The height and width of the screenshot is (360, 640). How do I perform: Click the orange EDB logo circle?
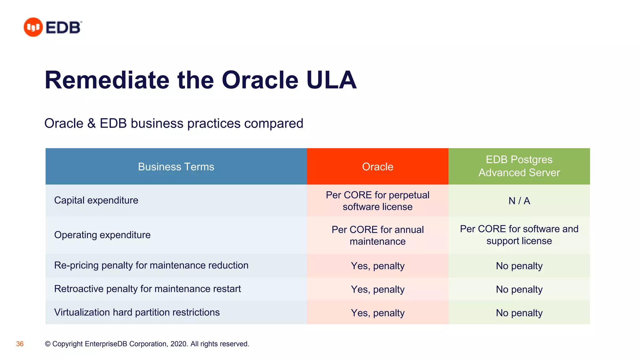pos(33,27)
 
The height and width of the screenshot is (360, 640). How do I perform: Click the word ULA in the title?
pos(331,80)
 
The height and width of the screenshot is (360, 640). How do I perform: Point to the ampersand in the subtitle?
pos(91,123)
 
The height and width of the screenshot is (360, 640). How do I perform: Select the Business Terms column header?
pos(176,167)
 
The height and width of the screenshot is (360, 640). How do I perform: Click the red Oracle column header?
pos(377,167)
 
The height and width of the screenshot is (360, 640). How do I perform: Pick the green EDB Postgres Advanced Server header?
pos(519,166)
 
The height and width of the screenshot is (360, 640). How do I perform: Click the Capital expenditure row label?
pos(96,200)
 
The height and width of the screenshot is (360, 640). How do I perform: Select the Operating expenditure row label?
pos(102,235)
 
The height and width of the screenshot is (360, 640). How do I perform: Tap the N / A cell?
pos(519,201)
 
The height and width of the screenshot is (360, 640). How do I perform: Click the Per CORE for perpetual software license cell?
pos(377,201)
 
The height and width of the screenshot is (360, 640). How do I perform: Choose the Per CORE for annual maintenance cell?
pos(377,235)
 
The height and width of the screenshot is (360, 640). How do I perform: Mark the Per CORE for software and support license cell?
pos(519,235)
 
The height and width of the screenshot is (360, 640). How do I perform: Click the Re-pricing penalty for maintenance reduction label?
pos(151,265)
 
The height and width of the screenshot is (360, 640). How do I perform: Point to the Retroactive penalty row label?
pos(147,289)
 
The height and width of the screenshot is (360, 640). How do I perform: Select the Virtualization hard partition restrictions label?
pos(137,312)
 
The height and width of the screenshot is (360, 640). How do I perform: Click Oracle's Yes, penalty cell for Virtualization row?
pos(377,313)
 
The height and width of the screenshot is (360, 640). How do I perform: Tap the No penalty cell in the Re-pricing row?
pos(519,266)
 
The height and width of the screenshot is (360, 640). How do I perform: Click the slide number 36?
pos(20,344)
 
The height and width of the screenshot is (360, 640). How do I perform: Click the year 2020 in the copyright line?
pos(178,344)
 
